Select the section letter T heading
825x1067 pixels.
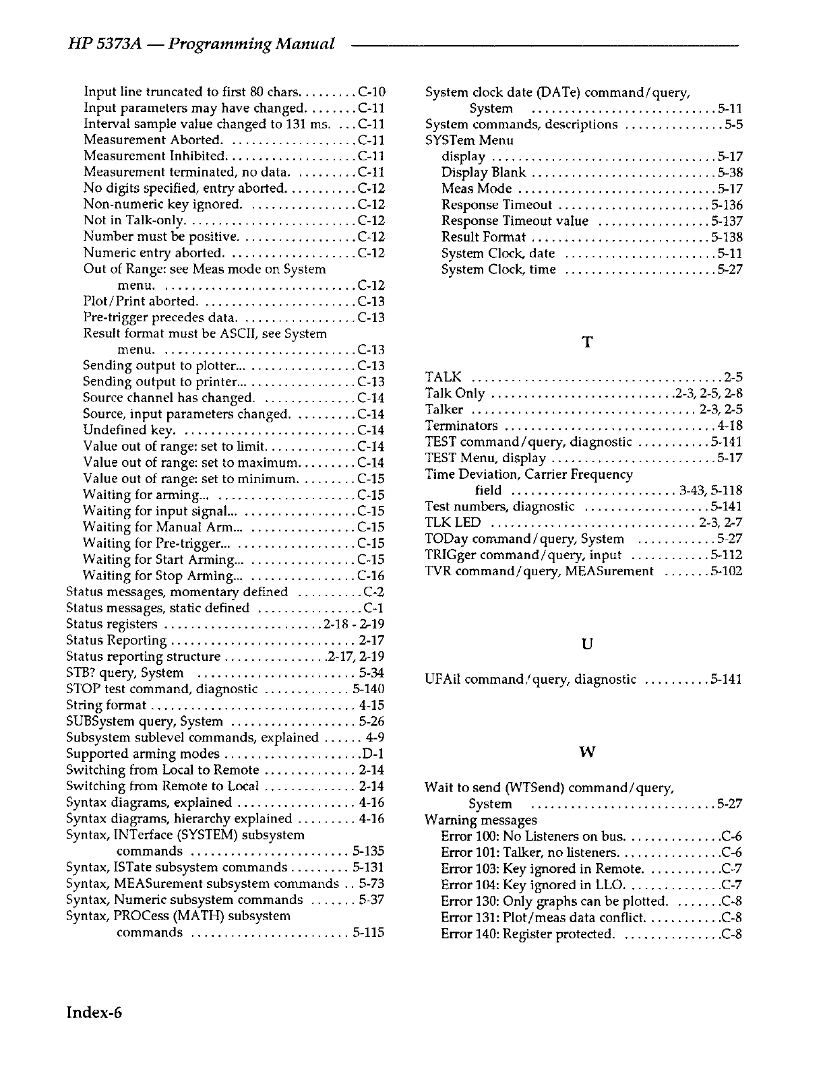pyautogui.click(x=586, y=343)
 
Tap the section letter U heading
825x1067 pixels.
pyautogui.click(x=586, y=645)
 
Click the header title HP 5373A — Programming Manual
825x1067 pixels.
pyautogui.click(x=202, y=44)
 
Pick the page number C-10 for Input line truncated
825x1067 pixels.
pyautogui.click(x=371, y=92)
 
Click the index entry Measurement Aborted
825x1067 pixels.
pyautogui.click(x=153, y=140)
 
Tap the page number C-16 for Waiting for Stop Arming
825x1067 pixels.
pyautogui.click(x=371, y=576)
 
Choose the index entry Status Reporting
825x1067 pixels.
pyautogui.click(x=117, y=641)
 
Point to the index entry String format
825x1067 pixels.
pyautogui.click(x=106, y=705)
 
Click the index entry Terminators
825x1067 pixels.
pyautogui.click(x=462, y=426)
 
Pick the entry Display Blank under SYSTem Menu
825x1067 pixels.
pyautogui.click(x=483, y=172)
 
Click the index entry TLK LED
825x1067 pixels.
pyautogui.click(x=453, y=523)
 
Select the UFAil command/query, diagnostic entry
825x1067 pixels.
pyautogui.click(x=530, y=680)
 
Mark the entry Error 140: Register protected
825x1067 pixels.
pyautogui.click(x=528, y=934)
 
